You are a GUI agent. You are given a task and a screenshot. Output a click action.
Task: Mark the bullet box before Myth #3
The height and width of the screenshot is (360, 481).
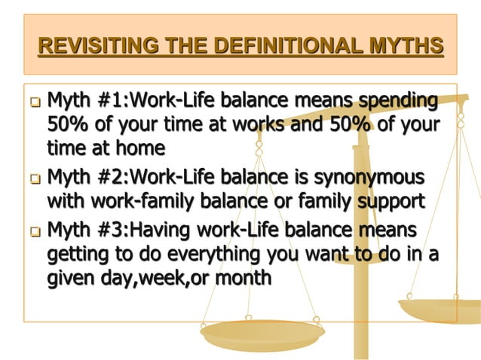(36, 231)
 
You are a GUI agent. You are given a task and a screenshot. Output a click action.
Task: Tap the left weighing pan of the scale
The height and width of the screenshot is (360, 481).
(262, 331)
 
